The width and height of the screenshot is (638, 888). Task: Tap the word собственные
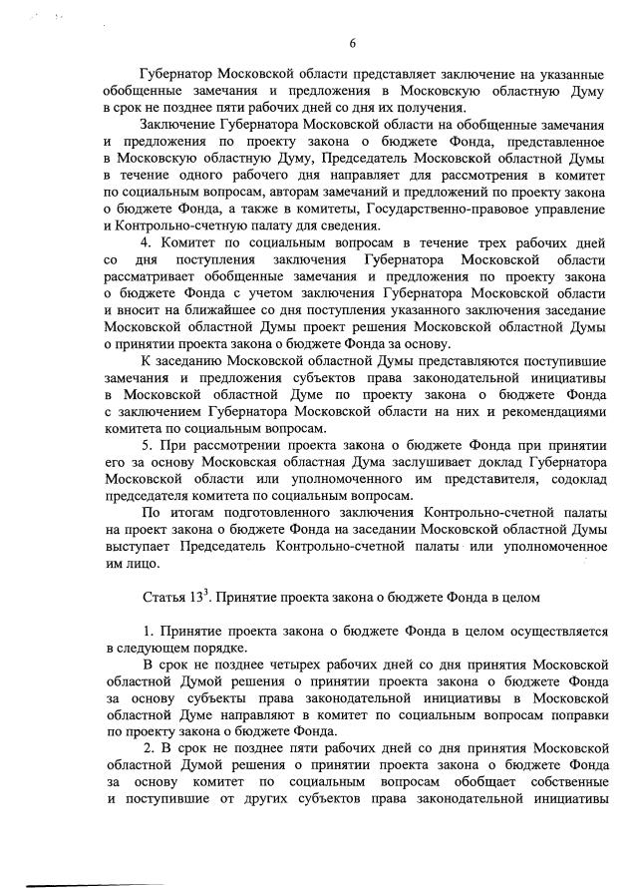click(x=559, y=780)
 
